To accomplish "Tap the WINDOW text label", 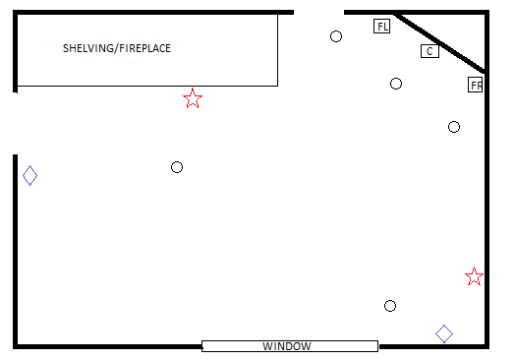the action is pos(287,346).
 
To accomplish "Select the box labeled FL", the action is pos(381,26).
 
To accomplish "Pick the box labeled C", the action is pos(429,51).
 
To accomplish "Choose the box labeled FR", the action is pos(476,85).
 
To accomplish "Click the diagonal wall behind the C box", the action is pos(439,42).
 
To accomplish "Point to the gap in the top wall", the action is pos(318,13).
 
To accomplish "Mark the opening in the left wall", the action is pos(15,124).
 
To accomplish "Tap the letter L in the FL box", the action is pos(386,27).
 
